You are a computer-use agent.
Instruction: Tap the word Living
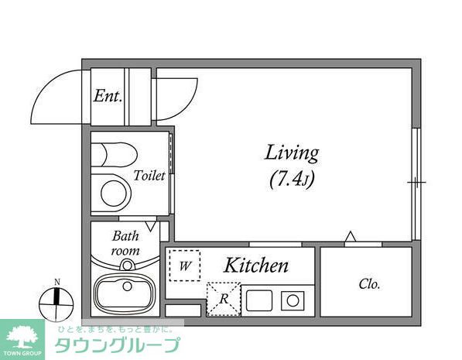pos(293,153)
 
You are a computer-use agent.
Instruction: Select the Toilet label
pos(149,176)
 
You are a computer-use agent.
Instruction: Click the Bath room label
pos(126,243)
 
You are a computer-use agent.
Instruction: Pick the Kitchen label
pos(256,266)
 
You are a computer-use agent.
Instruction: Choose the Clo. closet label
pos(369,284)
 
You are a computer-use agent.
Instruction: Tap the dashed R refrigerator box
pos(223,298)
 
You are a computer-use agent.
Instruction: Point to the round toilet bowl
pos(113,192)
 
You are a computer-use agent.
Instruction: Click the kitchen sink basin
pos(260,298)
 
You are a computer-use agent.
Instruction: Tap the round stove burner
pos(294,298)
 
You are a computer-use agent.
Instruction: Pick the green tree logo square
pos(22,338)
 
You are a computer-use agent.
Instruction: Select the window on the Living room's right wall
pos(416,183)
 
